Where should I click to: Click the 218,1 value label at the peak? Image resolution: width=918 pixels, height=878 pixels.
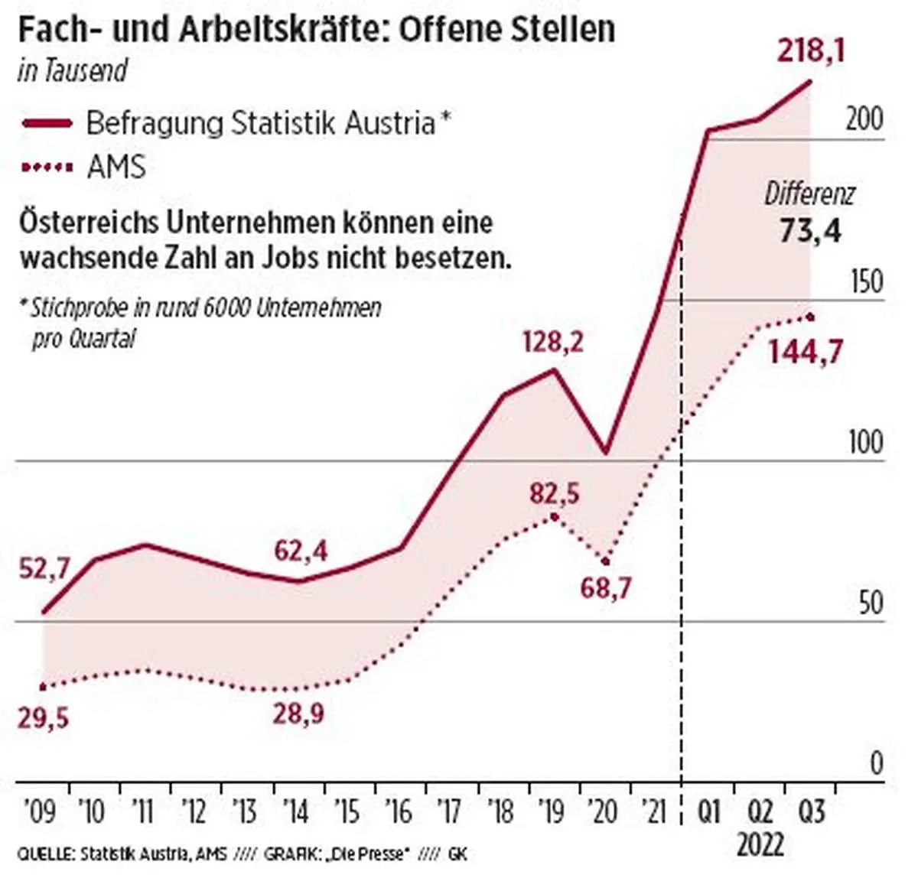(811, 52)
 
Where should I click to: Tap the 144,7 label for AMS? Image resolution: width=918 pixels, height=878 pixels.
(806, 352)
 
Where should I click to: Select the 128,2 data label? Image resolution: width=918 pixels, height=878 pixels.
(552, 342)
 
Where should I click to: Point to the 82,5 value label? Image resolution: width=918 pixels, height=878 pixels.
(554, 494)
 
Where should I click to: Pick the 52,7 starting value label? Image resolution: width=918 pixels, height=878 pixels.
(44, 569)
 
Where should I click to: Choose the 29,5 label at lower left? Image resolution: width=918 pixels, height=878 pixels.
(43, 718)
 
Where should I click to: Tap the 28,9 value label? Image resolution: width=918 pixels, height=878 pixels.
(298, 714)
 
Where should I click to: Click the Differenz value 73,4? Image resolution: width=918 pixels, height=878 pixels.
(810, 230)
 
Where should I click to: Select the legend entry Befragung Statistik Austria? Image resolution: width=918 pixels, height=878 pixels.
(260, 122)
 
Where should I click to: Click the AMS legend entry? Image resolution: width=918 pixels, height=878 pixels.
(116, 167)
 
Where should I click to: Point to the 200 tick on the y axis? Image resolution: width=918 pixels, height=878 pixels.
(864, 119)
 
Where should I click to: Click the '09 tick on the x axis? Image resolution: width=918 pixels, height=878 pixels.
(39, 811)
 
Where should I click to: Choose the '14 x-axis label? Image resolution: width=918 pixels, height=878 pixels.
(296, 811)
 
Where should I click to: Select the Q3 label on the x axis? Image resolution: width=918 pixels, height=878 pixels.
(812, 811)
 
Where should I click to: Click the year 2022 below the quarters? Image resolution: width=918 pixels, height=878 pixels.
(760, 844)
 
